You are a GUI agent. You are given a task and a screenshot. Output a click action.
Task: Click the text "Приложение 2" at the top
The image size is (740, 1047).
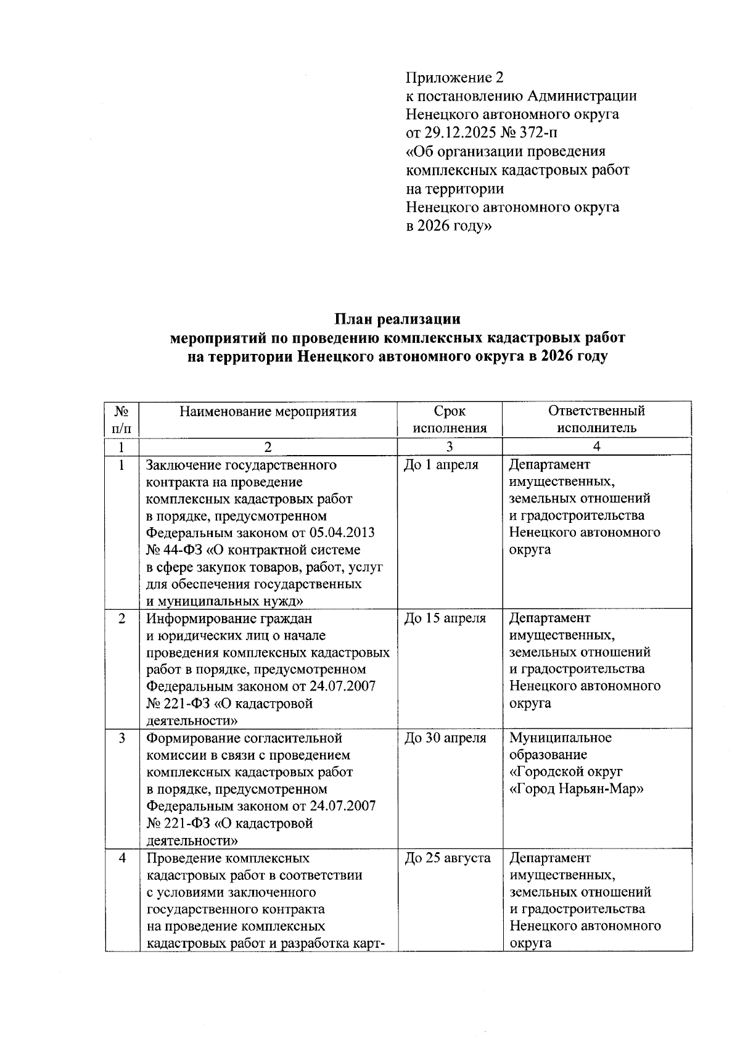pos(454,78)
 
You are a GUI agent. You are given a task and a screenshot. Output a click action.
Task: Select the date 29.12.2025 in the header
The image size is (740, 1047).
pos(461,133)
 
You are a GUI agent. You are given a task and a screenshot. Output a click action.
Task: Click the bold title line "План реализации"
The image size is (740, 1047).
pos(398,319)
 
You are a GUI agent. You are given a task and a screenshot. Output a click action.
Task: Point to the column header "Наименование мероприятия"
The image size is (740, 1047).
pos(268,411)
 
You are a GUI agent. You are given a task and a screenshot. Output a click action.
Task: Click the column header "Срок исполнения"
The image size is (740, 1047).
pos(450,419)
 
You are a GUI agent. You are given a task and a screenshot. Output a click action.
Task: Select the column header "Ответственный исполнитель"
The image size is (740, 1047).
pos(596,419)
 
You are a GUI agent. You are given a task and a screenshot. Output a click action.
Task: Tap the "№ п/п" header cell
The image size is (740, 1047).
pos(121,419)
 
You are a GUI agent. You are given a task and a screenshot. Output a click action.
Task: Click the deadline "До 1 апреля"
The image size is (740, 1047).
pos(441,465)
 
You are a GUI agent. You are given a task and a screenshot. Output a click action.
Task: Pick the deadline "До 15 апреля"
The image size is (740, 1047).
pos(445,618)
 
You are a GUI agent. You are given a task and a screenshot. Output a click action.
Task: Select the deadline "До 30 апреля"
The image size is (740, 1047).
pos(445,738)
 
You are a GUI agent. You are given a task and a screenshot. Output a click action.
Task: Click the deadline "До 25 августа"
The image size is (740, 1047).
pos(447,858)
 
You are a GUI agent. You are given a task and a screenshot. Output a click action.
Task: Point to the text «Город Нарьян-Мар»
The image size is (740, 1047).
pos(577,789)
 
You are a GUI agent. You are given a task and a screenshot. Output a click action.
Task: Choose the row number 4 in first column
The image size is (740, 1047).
pos(121,858)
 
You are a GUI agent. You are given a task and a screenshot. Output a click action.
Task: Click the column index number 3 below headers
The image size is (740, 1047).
pos(450,447)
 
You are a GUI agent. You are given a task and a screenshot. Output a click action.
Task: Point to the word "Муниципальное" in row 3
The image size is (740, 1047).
pos(561,738)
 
